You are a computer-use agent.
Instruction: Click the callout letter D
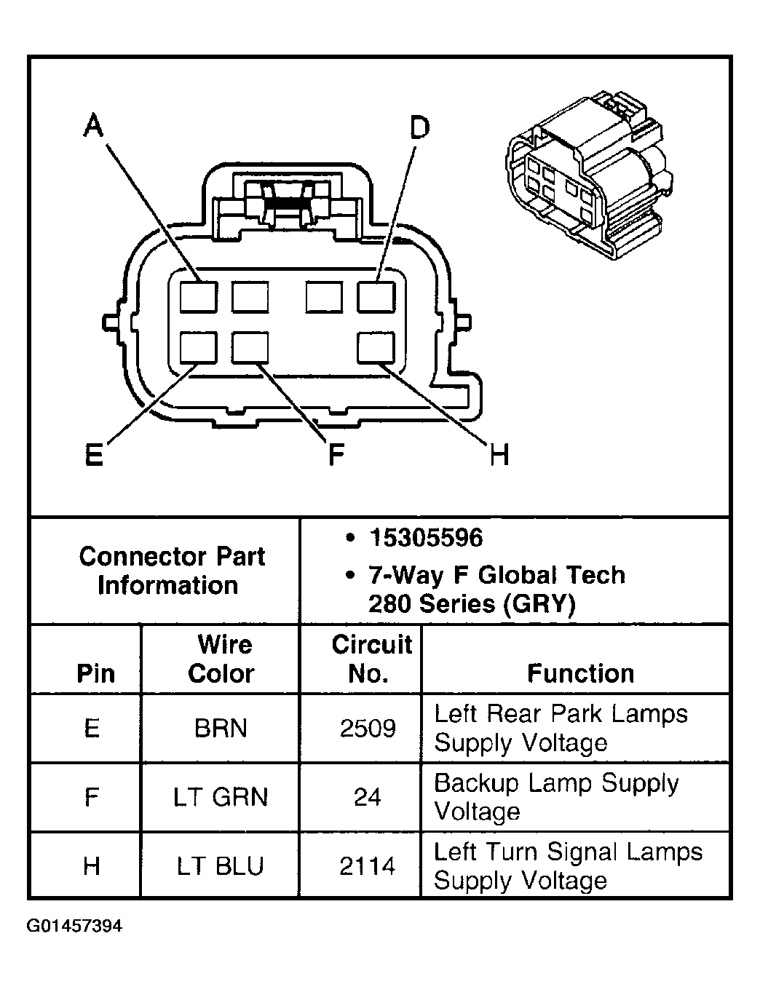(x=419, y=127)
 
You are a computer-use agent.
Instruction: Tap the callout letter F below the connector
(x=335, y=455)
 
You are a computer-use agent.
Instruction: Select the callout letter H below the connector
(x=499, y=455)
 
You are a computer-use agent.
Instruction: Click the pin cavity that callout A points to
(x=198, y=297)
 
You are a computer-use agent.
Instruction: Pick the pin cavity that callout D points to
(x=376, y=297)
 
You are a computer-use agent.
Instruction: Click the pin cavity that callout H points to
(x=376, y=347)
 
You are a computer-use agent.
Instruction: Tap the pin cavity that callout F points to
(x=250, y=347)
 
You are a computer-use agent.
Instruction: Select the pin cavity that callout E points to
(x=198, y=347)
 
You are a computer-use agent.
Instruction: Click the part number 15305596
(x=426, y=538)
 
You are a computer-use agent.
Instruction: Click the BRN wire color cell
(x=220, y=728)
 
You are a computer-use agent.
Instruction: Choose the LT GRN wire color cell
(x=220, y=797)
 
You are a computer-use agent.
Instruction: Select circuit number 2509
(x=368, y=728)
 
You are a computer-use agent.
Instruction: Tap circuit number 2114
(x=368, y=866)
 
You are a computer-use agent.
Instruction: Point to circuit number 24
(x=368, y=797)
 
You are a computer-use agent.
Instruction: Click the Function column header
(x=580, y=673)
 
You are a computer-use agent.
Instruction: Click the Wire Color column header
(x=221, y=659)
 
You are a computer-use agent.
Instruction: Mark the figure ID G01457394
(x=75, y=927)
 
